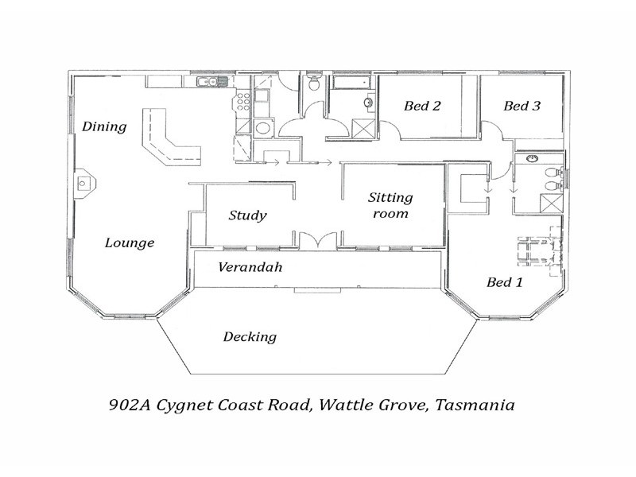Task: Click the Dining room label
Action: click(104, 126)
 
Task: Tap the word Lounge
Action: click(130, 243)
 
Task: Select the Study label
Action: click(247, 215)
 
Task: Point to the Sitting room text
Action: click(390, 206)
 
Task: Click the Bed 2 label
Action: click(422, 106)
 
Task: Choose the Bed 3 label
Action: click(522, 106)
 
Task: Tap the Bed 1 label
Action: click(503, 282)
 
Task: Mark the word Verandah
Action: click(250, 268)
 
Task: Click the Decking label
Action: click(250, 337)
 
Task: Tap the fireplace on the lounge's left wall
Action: click(85, 184)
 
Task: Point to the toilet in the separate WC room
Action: click(314, 84)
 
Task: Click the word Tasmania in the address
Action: click(476, 405)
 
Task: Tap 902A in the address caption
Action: click(128, 405)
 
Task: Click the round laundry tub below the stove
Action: click(263, 128)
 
